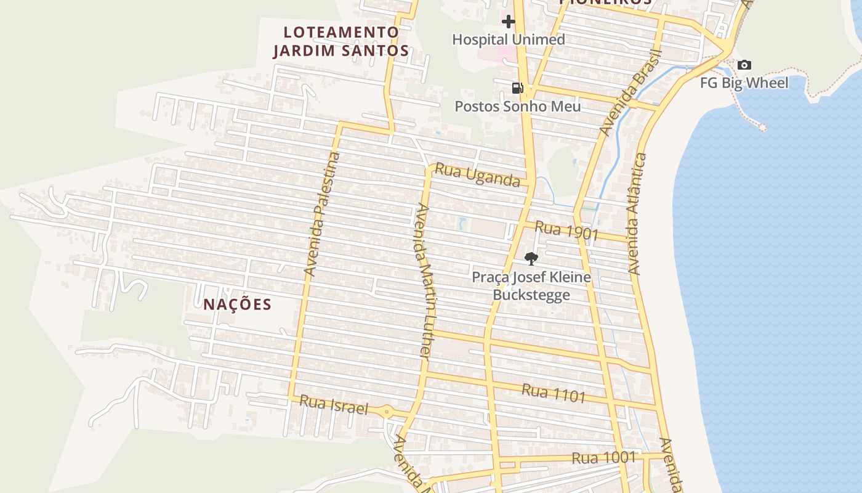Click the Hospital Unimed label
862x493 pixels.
(508, 39)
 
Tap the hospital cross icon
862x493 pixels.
(508, 22)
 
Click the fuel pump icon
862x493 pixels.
(517, 88)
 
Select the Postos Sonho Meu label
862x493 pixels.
(517, 106)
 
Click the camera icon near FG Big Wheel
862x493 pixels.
(744, 65)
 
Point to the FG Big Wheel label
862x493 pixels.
(744, 83)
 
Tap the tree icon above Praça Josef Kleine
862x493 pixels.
(531, 258)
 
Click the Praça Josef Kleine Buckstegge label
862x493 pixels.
(531, 286)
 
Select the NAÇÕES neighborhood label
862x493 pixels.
(238, 304)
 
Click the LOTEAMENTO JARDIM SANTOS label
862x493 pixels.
(341, 41)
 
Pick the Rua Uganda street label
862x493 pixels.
(477, 174)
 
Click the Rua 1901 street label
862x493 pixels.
(566, 230)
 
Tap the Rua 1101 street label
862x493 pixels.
(553, 393)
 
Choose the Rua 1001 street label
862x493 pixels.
(603, 457)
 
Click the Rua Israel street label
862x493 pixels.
(333, 405)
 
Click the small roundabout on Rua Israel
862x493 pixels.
(387, 411)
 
